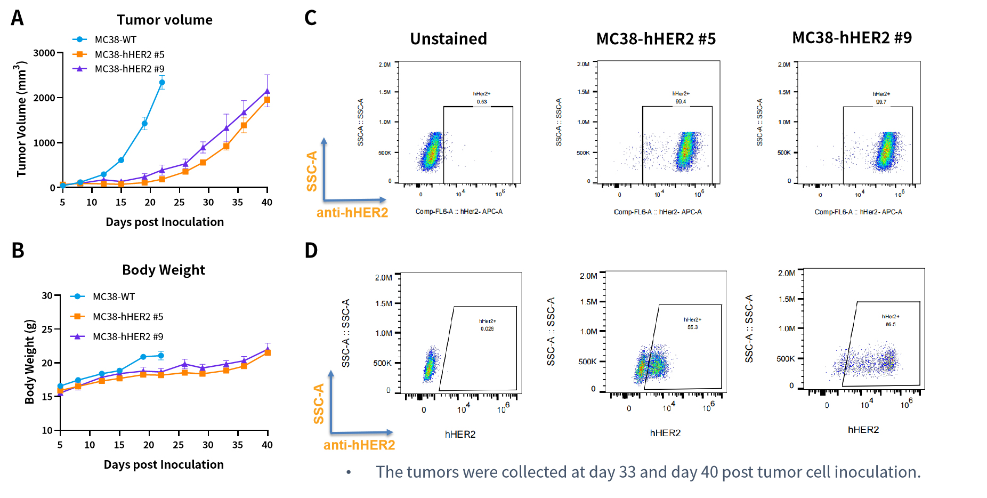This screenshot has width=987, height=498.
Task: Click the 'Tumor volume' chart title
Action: [x=165, y=20]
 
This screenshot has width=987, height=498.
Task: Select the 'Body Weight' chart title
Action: [x=164, y=270]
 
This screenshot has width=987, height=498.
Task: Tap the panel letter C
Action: [x=310, y=18]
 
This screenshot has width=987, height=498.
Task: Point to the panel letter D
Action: [x=311, y=250]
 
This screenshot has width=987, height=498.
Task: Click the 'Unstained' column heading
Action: [x=448, y=39]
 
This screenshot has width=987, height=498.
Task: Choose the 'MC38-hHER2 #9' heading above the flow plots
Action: [x=852, y=38]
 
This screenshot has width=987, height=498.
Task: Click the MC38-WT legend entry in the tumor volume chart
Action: [x=115, y=40]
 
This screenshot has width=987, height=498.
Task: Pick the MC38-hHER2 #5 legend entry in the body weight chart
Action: [x=128, y=317]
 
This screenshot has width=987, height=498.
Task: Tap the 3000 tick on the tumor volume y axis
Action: [x=44, y=53]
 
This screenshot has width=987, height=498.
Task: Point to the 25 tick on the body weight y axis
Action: [x=47, y=330]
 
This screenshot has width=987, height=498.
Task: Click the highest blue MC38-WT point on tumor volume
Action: [x=162, y=83]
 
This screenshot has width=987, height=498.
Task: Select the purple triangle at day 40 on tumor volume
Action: [x=267, y=91]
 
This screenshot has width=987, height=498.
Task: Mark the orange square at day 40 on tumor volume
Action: [x=267, y=100]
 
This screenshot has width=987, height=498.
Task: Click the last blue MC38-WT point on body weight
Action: [x=161, y=356]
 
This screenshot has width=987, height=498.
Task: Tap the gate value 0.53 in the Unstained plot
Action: [x=482, y=102]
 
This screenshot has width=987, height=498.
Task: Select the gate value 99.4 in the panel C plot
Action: [x=681, y=101]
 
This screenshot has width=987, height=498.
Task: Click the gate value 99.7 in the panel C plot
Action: [x=881, y=102]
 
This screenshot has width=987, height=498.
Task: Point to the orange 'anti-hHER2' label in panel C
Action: [x=352, y=213]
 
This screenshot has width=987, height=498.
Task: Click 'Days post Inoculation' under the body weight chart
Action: [x=164, y=465]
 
